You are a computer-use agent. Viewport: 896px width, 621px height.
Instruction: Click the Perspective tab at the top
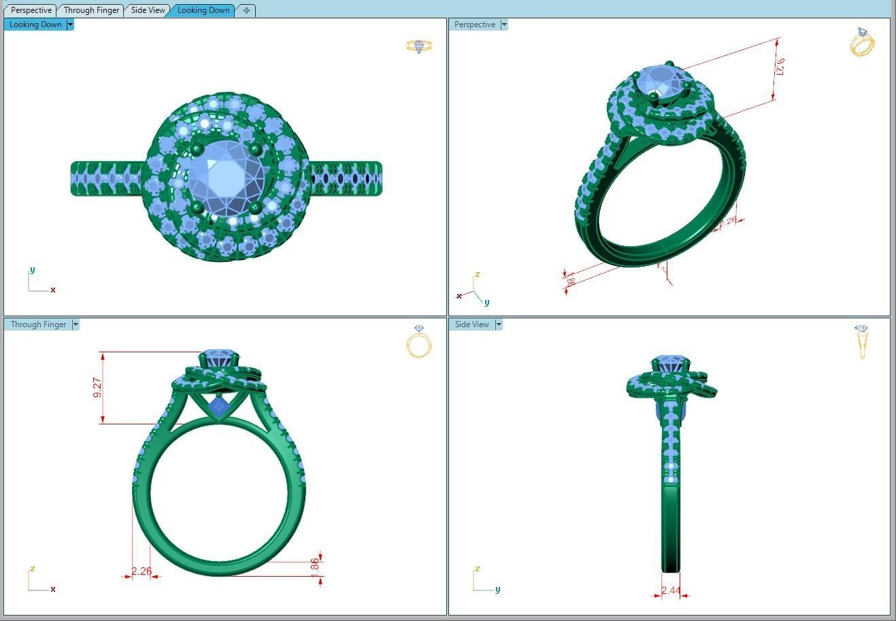click(x=31, y=10)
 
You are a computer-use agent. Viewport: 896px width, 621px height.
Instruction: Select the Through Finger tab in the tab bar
click(x=91, y=10)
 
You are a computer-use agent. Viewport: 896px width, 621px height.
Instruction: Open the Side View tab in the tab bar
click(x=148, y=10)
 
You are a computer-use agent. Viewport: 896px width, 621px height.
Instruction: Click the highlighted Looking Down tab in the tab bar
click(x=203, y=10)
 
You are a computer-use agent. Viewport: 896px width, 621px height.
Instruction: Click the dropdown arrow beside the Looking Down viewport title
click(x=70, y=24)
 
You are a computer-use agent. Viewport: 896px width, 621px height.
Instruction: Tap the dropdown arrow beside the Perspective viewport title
click(x=504, y=24)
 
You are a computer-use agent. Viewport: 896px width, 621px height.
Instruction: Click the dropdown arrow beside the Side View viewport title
click(x=499, y=324)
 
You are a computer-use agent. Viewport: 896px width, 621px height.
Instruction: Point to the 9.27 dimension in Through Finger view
click(x=98, y=388)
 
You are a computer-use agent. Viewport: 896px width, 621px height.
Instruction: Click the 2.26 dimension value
click(x=142, y=571)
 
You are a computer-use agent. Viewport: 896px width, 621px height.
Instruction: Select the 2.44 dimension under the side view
click(x=671, y=590)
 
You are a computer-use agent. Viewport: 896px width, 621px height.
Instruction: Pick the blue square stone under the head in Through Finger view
click(x=218, y=407)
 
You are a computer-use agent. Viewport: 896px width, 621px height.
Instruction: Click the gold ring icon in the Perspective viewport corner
click(x=862, y=42)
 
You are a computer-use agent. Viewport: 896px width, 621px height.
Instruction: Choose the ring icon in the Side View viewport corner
click(x=862, y=341)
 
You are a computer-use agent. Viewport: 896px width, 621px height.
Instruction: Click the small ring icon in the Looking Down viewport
click(x=419, y=46)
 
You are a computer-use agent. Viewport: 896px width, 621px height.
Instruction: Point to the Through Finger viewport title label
click(x=38, y=324)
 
